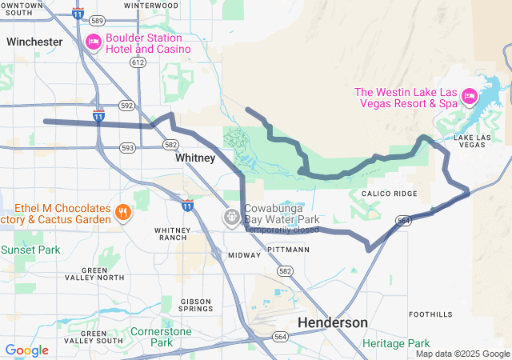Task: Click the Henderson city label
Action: point(333,322)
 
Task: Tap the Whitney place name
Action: point(195,158)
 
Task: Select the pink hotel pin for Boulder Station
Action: point(94,42)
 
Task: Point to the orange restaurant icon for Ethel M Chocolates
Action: point(122,212)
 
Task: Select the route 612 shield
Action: point(138,62)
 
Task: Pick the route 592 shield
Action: point(126,105)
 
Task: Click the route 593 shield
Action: point(127,147)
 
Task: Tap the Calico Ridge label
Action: point(389,194)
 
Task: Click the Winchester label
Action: point(34,42)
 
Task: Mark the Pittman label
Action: point(290,250)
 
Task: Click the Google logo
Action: point(26,350)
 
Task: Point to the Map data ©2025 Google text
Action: point(462,354)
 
